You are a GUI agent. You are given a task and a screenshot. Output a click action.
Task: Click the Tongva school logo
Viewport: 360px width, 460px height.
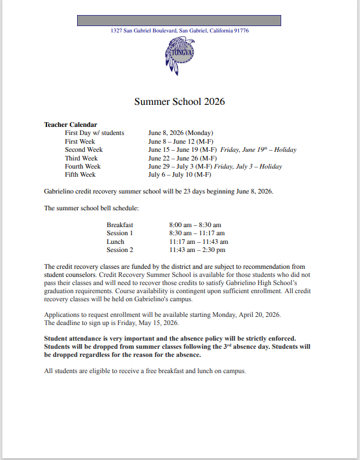(180, 55)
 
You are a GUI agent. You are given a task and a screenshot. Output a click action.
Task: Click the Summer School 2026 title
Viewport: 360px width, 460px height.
(180, 101)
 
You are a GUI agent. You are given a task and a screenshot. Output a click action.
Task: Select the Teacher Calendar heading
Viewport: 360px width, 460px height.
(71, 125)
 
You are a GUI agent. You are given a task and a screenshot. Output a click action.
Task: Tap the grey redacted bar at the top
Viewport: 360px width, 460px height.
(179, 20)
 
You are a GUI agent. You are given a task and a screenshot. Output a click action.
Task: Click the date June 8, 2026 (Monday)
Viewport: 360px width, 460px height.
(181, 133)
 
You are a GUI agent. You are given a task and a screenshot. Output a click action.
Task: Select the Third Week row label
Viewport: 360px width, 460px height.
(81, 158)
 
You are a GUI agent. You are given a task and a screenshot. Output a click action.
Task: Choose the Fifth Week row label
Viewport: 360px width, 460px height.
(80, 174)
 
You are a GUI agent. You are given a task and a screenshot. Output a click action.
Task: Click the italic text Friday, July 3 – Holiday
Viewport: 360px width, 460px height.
(248, 166)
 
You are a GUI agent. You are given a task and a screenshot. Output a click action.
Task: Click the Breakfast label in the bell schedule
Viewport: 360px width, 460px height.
(120, 225)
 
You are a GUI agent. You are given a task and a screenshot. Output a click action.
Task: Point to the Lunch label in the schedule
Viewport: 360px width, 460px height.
(115, 242)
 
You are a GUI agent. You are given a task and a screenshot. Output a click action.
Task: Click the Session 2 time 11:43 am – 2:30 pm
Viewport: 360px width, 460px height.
(197, 250)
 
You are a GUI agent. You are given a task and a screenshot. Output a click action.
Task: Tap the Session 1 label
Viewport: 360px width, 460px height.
(120, 233)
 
